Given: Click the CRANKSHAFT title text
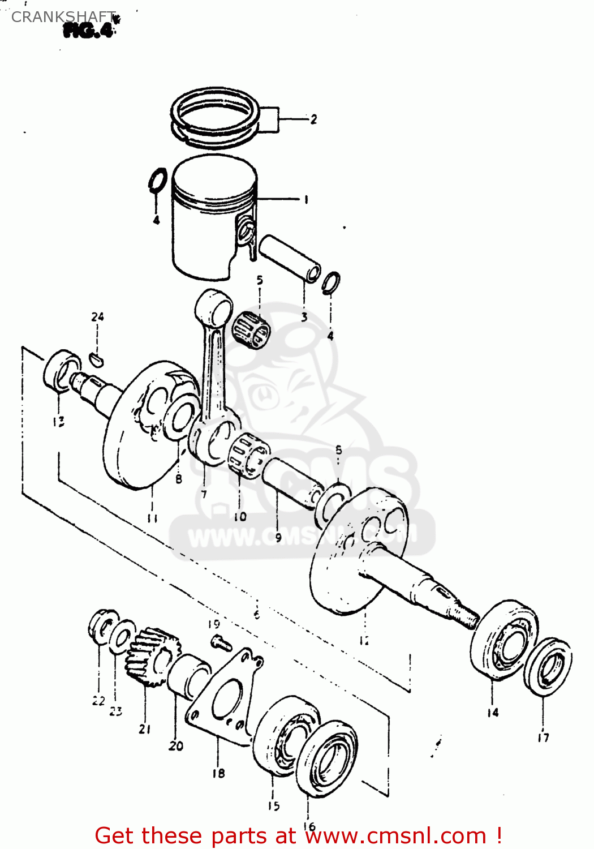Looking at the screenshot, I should pos(63,17).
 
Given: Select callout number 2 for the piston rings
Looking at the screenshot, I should pos(313,119).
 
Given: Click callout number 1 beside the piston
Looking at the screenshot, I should pos(306,199).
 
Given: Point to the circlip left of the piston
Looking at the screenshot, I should pos(157,181).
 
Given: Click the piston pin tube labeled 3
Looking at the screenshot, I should pos(290,259).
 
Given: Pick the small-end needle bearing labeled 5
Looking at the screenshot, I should pos(251,328).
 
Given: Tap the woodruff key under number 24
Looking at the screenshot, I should pos(97,358).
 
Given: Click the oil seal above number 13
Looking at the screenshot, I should pos(61,371).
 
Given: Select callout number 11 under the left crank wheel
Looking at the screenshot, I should pos(152,518).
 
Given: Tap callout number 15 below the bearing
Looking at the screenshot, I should pos(274,805).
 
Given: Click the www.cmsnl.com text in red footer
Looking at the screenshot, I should pos(395,836).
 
